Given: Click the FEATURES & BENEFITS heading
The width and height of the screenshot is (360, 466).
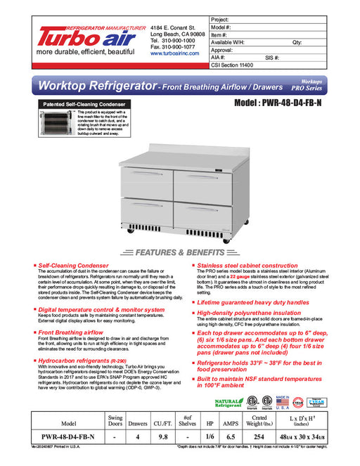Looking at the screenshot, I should tap(180, 252).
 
